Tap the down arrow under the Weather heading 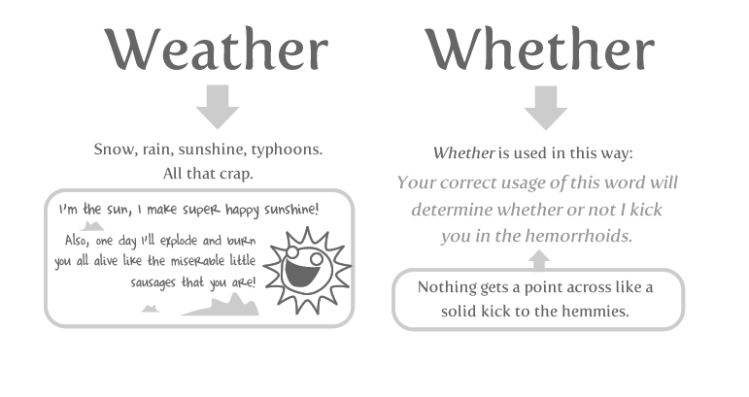click(x=218, y=106)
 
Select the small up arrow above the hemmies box click(x=540, y=259)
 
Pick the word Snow click(x=112, y=150)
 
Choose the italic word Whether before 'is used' click(x=464, y=153)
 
